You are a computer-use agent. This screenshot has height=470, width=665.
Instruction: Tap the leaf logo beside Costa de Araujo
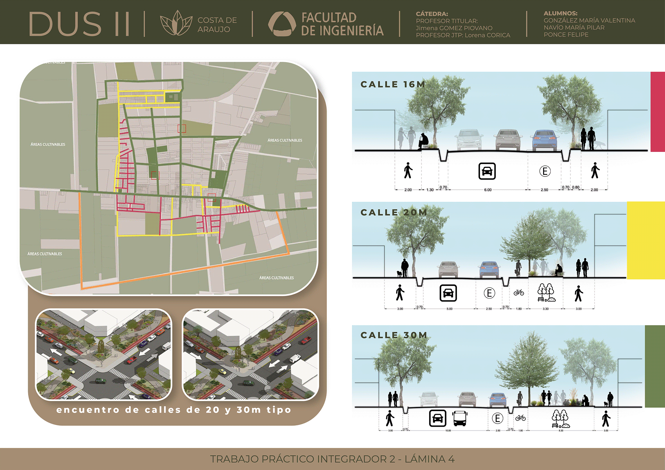pos(176,24)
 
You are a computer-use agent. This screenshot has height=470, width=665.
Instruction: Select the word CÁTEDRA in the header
pos(432,14)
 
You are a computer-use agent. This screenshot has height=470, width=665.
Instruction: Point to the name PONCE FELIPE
pos(566,35)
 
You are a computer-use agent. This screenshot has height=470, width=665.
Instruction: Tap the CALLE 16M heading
pos(392,84)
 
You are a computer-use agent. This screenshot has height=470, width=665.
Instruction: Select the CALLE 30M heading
pos(394,335)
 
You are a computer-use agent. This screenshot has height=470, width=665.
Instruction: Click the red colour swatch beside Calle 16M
pos(657,111)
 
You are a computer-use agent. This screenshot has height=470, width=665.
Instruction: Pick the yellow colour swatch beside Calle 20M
pos(646,240)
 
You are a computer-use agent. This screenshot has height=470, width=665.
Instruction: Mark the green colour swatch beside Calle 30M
pos(655,366)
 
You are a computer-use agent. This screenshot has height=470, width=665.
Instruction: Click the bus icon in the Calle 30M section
pos(460,418)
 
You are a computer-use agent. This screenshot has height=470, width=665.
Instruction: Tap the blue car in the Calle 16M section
pos(544,139)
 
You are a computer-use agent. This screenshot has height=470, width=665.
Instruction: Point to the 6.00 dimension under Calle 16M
pos(488,190)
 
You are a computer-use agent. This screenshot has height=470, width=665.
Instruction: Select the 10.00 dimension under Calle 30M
pos(448,431)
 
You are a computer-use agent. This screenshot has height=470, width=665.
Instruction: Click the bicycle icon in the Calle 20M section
pos(518,293)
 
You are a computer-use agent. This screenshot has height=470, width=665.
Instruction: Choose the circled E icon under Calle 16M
pos(545,171)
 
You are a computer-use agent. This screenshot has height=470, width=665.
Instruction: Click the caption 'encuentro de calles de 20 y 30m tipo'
pos(174,410)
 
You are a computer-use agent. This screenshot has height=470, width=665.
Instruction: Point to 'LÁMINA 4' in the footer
pos(429,459)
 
